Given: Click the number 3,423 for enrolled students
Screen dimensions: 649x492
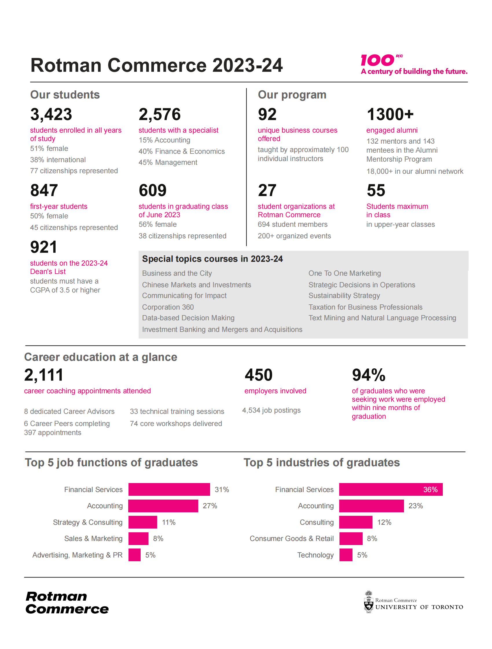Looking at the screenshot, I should point(51,114).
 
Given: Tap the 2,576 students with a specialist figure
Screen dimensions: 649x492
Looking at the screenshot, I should point(159,114).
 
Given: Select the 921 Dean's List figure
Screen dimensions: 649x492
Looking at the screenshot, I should point(43,247).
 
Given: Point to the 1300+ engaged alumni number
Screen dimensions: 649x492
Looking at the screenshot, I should point(390,114).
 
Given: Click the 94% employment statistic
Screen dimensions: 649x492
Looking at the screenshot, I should point(368,375).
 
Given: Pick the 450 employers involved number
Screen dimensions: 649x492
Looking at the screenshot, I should point(259,375).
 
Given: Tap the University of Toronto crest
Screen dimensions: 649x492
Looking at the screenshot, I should point(368,602).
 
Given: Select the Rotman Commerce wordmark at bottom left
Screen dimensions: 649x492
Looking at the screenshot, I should point(67,603).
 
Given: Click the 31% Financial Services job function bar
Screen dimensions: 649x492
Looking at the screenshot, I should point(169,489).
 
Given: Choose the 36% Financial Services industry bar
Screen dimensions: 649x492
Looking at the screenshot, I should point(390,489).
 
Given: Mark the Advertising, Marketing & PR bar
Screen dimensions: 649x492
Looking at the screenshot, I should point(134,555).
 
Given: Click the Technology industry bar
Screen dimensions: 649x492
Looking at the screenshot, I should point(346,555).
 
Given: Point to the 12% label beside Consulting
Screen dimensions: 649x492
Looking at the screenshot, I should point(384,522).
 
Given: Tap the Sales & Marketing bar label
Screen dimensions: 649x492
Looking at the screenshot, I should point(93,539).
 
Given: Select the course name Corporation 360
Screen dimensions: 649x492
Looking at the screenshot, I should point(168,307).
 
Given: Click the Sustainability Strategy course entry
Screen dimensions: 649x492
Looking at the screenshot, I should point(344,296).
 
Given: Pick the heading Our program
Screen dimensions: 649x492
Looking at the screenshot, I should point(292,95).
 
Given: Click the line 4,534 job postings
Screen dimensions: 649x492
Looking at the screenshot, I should point(271,410).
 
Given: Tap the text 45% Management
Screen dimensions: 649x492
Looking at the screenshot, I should point(168,162).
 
